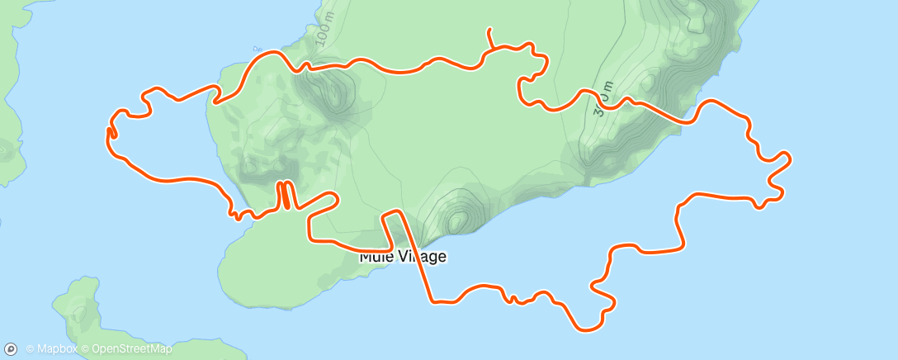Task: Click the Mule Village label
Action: pyautogui.click(x=403, y=257)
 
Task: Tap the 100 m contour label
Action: pyautogui.click(x=323, y=33)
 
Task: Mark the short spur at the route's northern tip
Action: pyautogui.click(x=490, y=36)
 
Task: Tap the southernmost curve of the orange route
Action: pyautogui.click(x=588, y=329)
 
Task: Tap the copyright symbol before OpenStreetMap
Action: pyautogui.click(x=87, y=349)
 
